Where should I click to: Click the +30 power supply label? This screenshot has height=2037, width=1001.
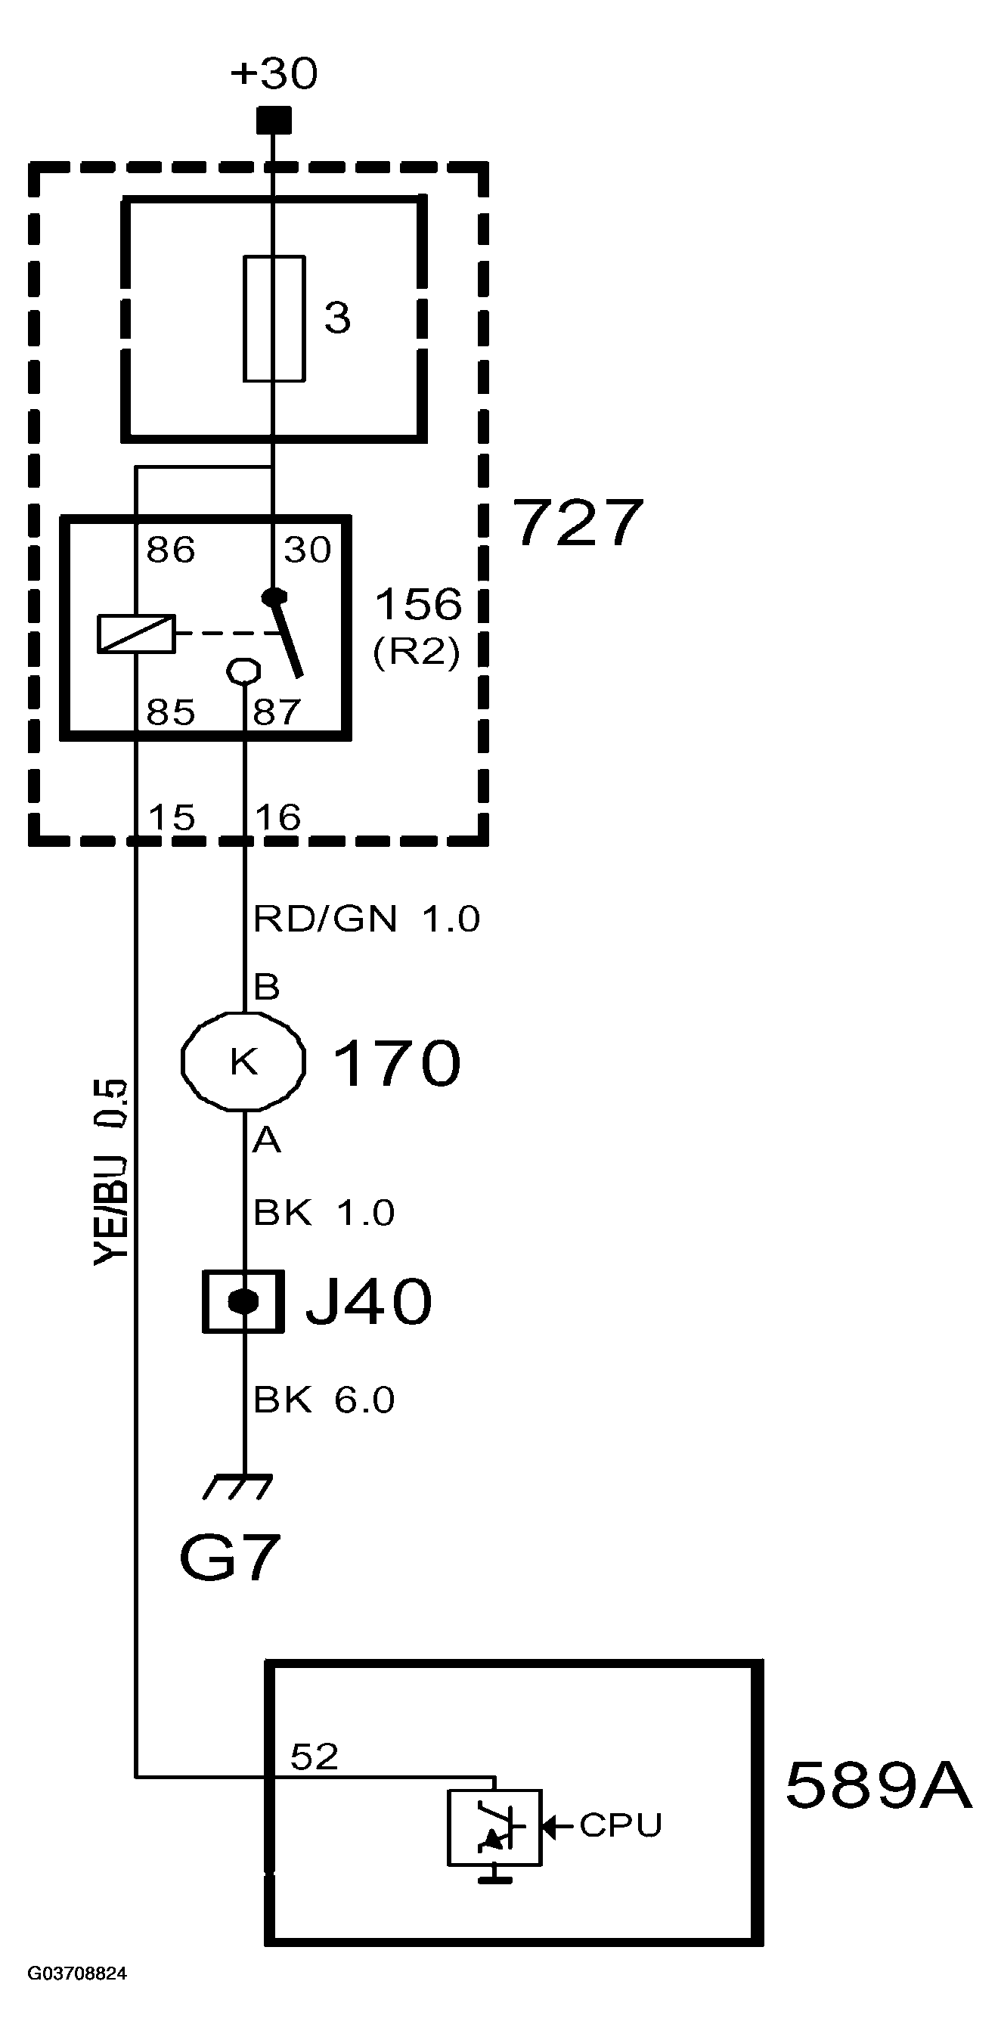(x=274, y=73)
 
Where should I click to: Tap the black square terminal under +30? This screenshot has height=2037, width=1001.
(x=274, y=120)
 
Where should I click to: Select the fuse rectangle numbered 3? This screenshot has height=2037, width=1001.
(x=274, y=318)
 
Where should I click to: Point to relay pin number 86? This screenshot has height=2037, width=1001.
(x=170, y=550)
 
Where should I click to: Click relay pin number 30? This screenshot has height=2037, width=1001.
(x=308, y=550)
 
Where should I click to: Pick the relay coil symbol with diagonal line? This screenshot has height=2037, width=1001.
(x=136, y=634)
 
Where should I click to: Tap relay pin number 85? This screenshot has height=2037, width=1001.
(x=170, y=712)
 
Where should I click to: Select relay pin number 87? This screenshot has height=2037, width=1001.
(x=277, y=712)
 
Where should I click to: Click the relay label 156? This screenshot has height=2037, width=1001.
(x=417, y=604)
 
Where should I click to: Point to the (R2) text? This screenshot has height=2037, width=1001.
(x=416, y=653)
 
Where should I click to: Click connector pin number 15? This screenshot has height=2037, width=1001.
(x=172, y=817)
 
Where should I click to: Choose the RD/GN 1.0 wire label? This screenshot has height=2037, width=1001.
(x=366, y=918)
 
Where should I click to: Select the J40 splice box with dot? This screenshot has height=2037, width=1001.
(x=243, y=1301)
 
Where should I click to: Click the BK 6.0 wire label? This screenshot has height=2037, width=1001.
(x=324, y=1400)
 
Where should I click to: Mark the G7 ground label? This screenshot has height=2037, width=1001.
(x=229, y=1557)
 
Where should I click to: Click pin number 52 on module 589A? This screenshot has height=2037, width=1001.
(x=314, y=1756)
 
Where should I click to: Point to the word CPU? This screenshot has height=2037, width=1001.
(x=620, y=1825)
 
